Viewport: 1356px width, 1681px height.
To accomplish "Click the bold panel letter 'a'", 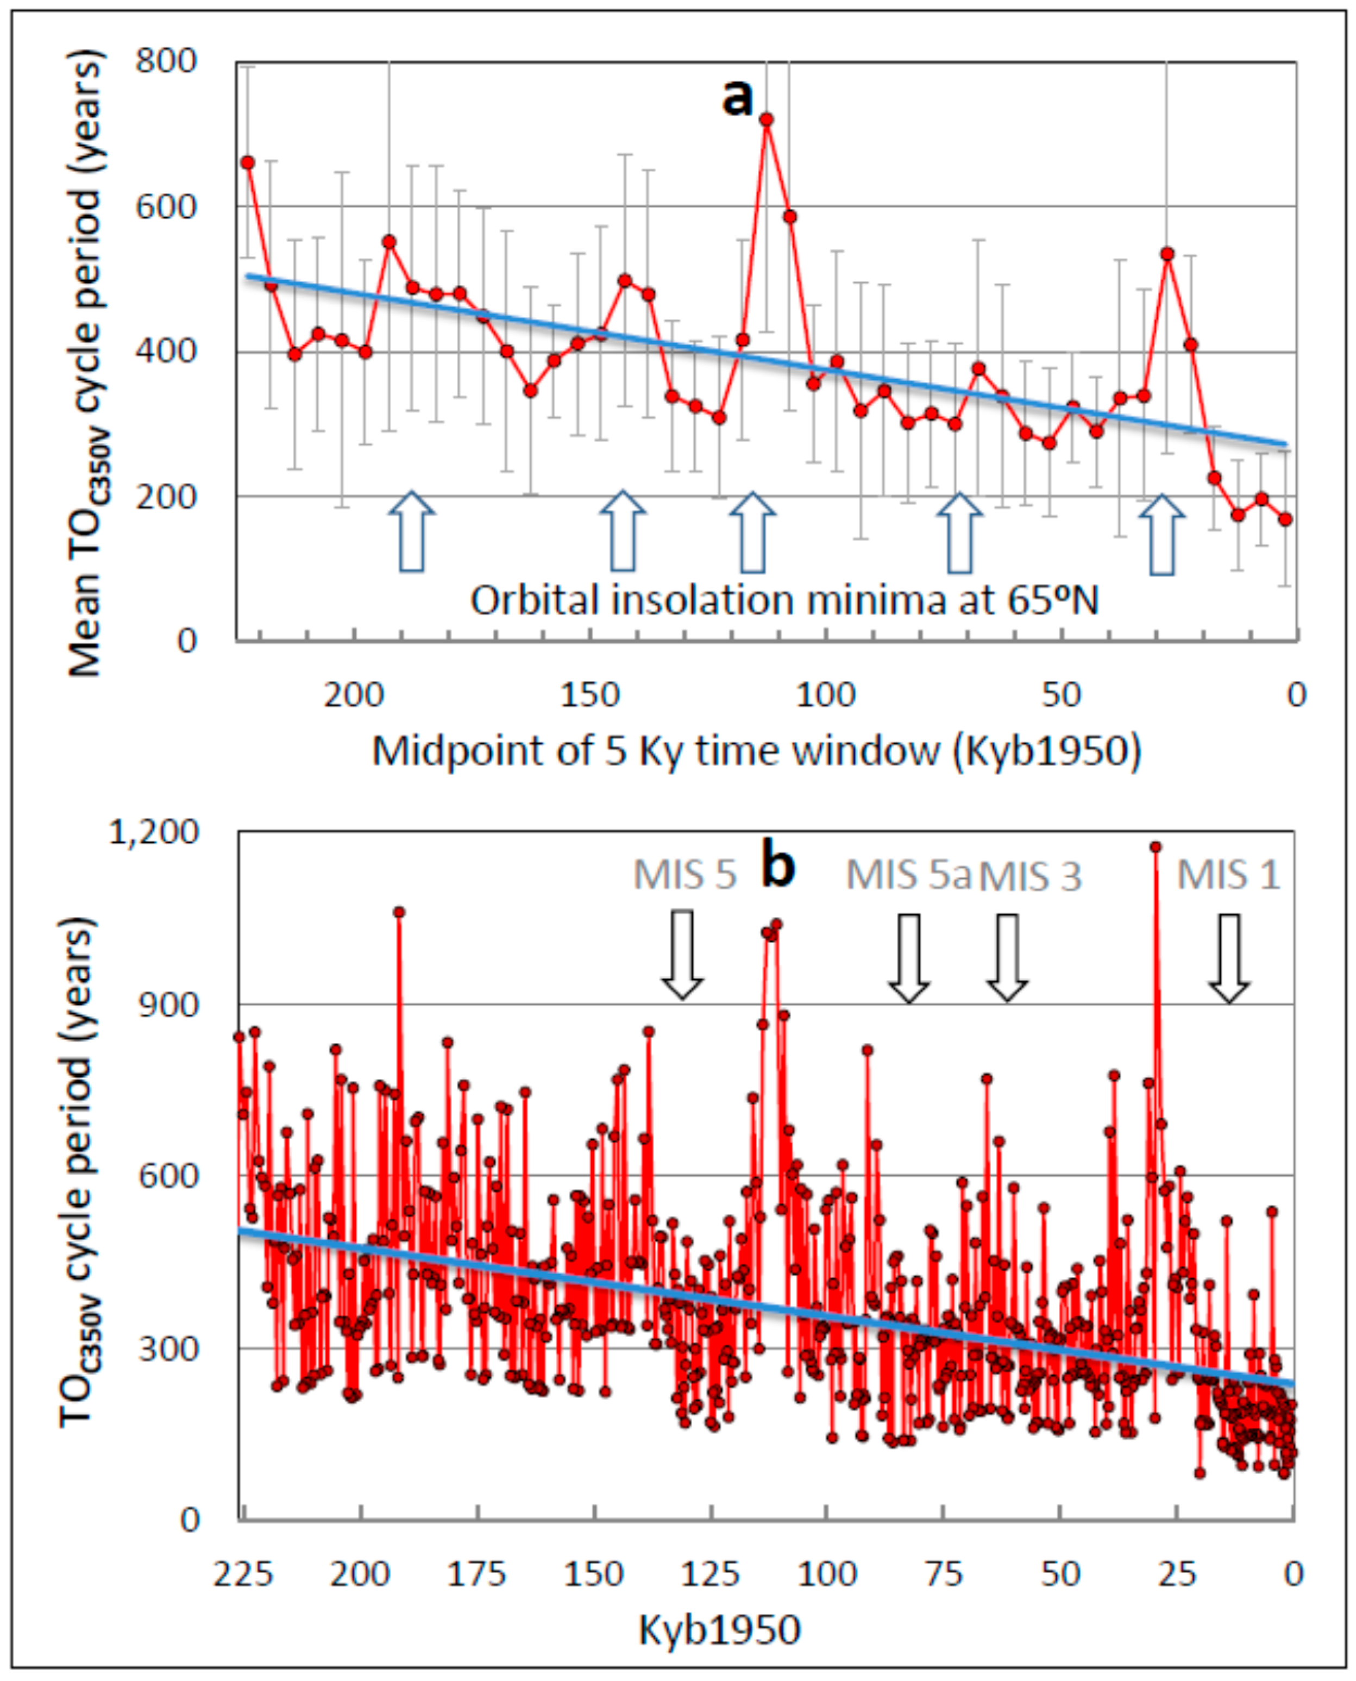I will click(737, 98).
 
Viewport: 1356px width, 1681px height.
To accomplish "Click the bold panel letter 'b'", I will click(778, 867).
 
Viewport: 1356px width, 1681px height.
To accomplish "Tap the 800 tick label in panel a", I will click(166, 61).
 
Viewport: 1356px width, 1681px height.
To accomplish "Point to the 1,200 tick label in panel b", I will click(154, 833).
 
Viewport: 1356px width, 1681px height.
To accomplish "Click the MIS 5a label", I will click(908, 875).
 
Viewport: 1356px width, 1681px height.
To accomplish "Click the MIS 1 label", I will click(1229, 875).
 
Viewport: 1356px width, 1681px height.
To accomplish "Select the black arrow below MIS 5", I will click(683, 955).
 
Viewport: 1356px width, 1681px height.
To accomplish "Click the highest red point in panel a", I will click(767, 120).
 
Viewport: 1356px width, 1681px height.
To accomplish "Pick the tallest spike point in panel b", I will click(1156, 847).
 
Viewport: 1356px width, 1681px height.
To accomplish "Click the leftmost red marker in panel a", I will click(248, 162).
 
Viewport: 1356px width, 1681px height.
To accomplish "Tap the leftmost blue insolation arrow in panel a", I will click(412, 532).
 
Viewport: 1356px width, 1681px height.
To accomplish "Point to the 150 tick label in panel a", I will click(591, 694).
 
